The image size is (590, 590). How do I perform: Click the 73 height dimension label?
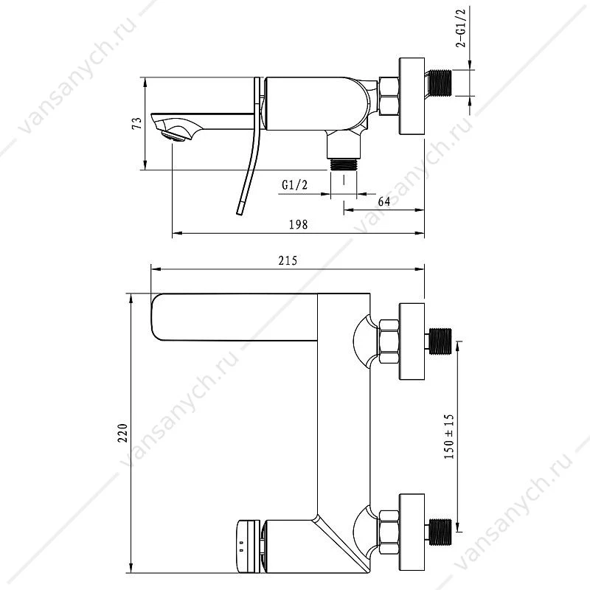click(x=138, y=123)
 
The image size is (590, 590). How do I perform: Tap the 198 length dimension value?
click(x=299, y=225)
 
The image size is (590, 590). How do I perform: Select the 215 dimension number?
click(x=288, y=261)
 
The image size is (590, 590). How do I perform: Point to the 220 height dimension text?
click(x=123, y=433)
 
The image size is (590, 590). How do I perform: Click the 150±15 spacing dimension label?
click(x=449, y=437)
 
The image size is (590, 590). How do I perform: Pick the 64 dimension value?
click(x=384, y=201)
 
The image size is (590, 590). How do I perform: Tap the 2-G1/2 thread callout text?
click(x=462, y=28)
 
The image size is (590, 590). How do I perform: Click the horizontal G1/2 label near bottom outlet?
click(x=294, y=185)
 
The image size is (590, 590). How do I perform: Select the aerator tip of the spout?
click(x=173, y=136)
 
